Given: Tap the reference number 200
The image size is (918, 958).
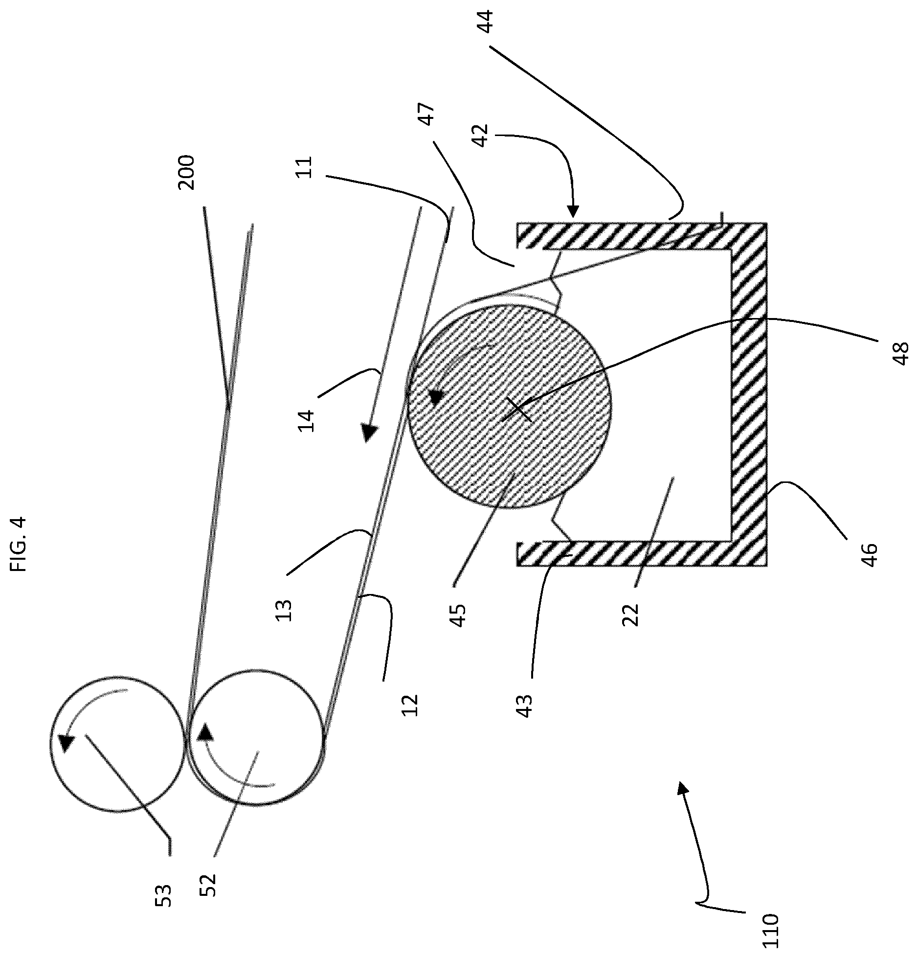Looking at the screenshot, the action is [x=187, y=172].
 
